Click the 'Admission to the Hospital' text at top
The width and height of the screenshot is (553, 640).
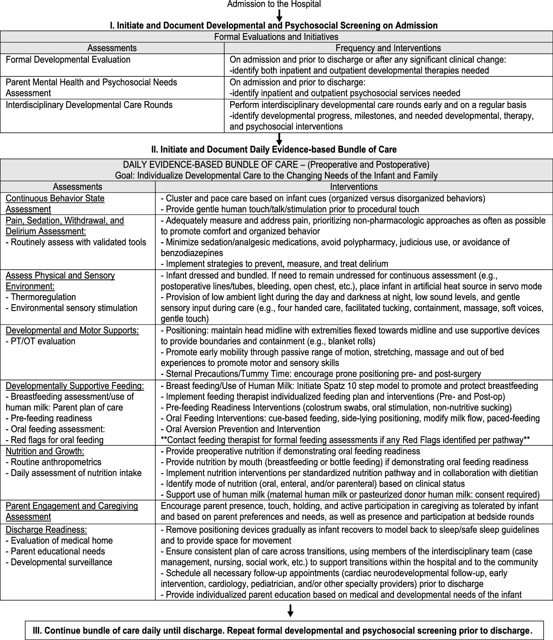[x=274, y=4]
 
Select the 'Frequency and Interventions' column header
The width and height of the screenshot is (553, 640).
[x=388, y=48]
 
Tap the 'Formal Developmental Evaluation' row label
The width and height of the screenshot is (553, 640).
[x=68, y=60]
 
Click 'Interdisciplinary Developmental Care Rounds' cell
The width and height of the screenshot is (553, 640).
[x=89, y=105]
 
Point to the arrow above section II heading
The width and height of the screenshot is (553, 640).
[x=279, y=139]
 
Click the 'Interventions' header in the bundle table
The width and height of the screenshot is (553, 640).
[x=353, y=187]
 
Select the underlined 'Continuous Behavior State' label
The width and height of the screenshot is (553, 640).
[x=55, y=199]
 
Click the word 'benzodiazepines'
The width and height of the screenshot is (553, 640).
[x=192, y=253]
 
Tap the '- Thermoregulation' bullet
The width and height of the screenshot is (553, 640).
[x=41, y=297]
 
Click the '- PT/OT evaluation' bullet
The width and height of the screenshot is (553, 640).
[x=40, y=341]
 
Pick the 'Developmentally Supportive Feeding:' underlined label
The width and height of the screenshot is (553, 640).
[x=75, y=386]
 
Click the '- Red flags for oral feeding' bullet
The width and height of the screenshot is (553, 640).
[x=54, y=440]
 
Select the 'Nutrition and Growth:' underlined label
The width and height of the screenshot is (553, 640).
[x=45, y=451]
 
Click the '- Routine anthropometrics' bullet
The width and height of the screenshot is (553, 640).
[x=54, y=462]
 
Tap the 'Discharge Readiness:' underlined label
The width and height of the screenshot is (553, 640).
[x=46, y=530]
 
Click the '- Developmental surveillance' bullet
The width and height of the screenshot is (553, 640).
[x=59, y=562]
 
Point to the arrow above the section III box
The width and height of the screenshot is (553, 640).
[x=291, y=610]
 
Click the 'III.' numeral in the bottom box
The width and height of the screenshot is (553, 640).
[x=38, y=631]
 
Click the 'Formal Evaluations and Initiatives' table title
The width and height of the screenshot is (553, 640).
[x=276, y=37]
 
